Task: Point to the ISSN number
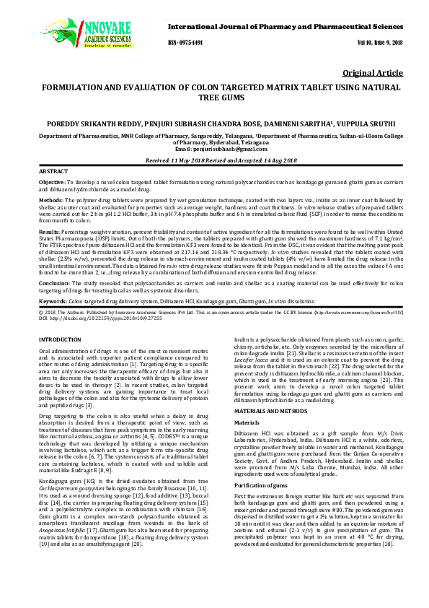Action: tap(185, 43)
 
